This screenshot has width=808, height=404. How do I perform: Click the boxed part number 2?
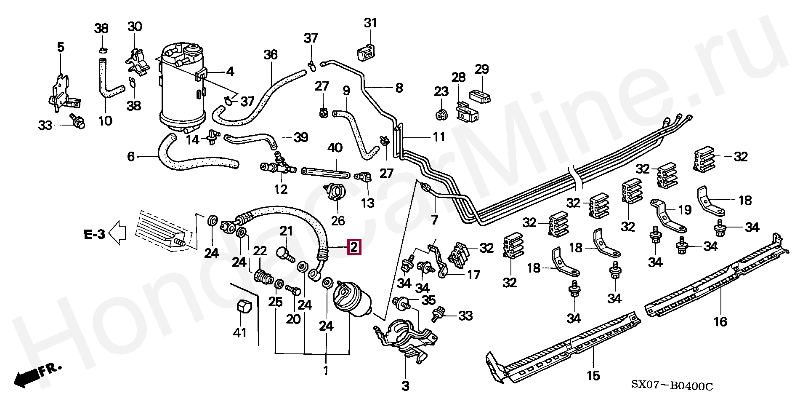354,247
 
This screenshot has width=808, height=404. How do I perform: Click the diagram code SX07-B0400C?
672,385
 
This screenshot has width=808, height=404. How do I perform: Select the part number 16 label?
720,322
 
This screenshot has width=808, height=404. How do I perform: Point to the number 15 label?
593,375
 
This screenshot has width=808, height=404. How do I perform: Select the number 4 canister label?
230,72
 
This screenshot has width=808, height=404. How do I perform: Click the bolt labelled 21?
286,254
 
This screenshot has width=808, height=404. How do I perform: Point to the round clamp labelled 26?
335,193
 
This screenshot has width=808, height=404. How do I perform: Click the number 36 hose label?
271,55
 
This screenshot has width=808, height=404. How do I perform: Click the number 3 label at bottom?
405,385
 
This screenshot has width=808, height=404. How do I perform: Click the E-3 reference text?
94,234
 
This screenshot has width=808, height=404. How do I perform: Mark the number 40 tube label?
335,148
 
